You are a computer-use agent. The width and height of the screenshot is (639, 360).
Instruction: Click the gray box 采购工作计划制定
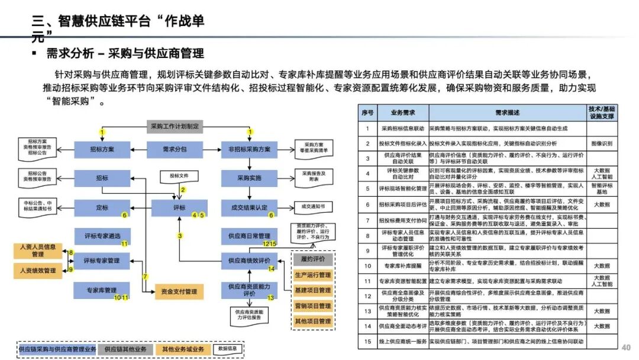pyautogui.click(x=175, y=126)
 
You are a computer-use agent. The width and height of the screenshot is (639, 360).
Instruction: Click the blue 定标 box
pyautogui.click(x=102, y=208)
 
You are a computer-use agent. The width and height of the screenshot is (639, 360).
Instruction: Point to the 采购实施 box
pyautogui.click(x=248, y=178)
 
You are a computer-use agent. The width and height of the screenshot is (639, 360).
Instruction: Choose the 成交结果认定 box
pyautogui.click(x=248, y=208)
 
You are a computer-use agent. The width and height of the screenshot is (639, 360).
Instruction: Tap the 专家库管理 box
pyautogui.click(x=102, y=291)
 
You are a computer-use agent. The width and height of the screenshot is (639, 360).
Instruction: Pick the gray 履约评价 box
pyautogui.click(x=313, y=259)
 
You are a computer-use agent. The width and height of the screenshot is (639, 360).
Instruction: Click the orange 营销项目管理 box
pyautogui.click(x=313, y=306)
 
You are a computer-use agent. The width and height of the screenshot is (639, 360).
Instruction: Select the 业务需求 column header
pyautogui.click(x=402, y=112)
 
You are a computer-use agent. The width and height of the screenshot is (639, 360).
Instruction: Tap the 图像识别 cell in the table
pyautogui.click(x=601, y=143)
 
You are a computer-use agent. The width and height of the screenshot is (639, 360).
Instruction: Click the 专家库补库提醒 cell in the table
pyautogui.click(x=402, y=266)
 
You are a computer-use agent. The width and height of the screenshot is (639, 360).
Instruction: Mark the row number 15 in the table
pyautogui.click(x=367, y=342)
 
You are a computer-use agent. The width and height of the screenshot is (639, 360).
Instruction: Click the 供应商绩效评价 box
pyautogui.click(x=248, y=261)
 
